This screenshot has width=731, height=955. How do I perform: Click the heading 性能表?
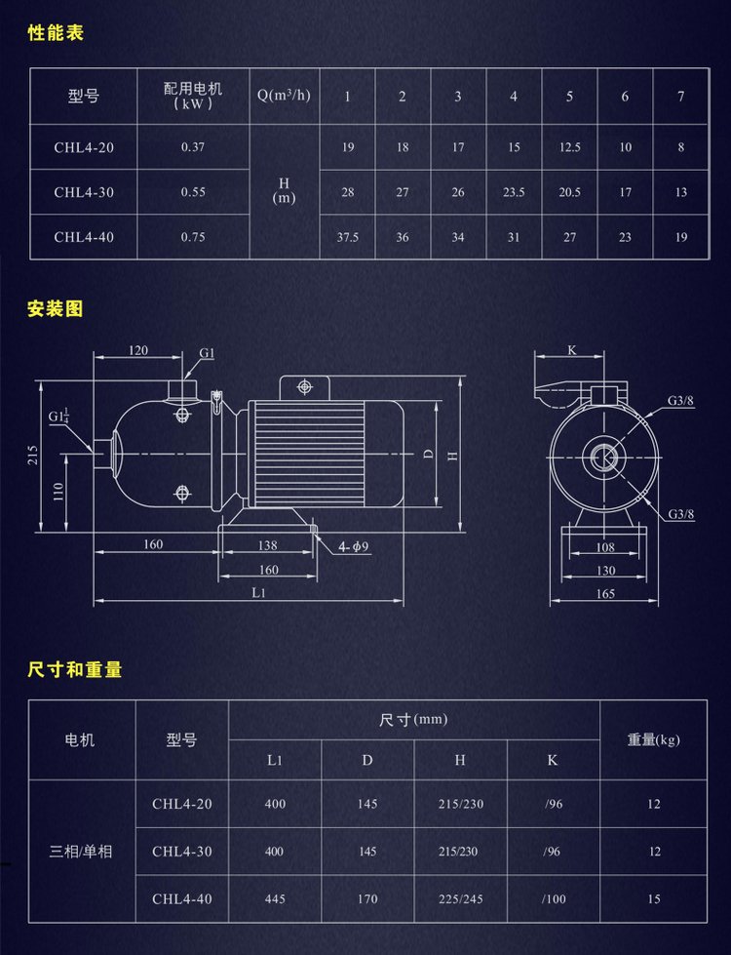(x=57, y=33)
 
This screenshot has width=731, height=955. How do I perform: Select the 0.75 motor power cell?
(x=193, y=237)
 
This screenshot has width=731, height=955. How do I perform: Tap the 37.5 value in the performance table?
(x=347, y=237)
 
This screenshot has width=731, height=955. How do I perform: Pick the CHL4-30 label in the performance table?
(x=84, y=192)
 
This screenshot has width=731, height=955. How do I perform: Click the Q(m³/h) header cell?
(x=284, y=96)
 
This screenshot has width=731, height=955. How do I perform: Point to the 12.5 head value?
(x=569, y=147)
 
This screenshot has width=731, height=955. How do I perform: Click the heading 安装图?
(x=56, y=309)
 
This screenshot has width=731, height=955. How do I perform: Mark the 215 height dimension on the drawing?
(x=32, y=456)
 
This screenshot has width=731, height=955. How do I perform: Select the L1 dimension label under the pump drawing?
(x=259, y=592)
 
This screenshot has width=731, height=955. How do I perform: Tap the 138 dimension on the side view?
(x=266, y=546)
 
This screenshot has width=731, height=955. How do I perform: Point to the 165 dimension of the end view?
(x=605, y=593)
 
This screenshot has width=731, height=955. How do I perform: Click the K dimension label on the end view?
(x=571, y=349)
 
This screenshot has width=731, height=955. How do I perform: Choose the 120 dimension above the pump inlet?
(x=137, y=350)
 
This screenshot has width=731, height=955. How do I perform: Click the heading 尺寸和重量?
(x=75, y=670)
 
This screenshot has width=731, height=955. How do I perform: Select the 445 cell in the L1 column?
(x=275, y=898)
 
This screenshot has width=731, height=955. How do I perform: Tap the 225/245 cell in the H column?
(x=461, y=898)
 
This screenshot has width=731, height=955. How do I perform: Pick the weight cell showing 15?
(x=653, y=898)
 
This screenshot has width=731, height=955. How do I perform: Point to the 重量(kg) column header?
(x=653, y=739)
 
